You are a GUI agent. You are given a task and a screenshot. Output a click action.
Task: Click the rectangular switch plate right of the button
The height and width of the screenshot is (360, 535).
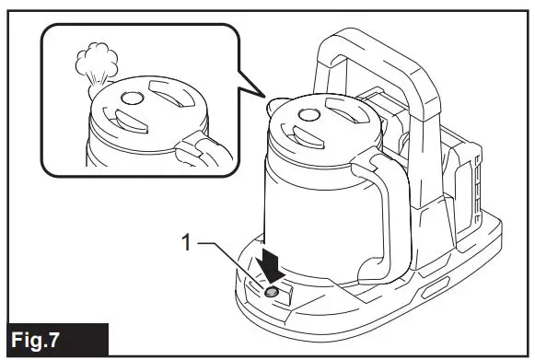pos(285,295)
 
